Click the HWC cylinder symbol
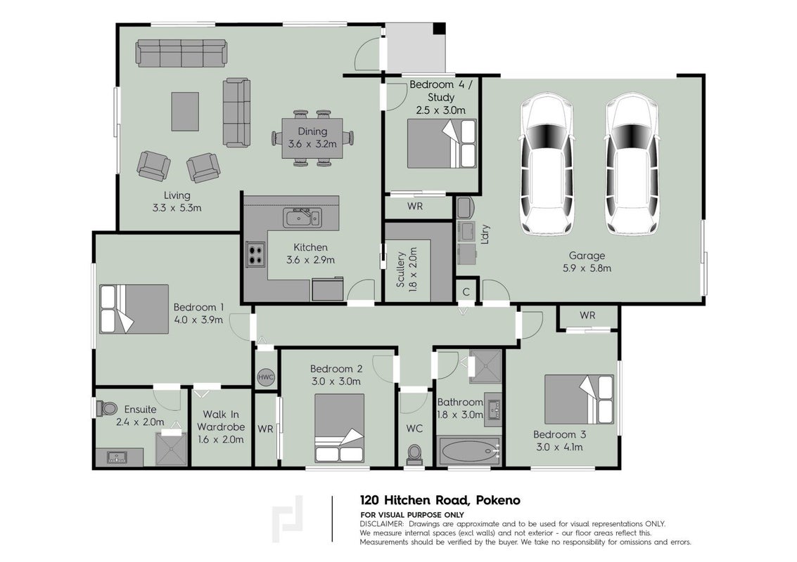click(266, 377)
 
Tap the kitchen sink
click(302, 218)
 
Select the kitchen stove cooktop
click(255, 255)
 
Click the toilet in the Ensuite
click(105, 407)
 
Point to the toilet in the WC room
click(414, 455)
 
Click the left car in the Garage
click(547, 164)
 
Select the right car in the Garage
click(633, 164)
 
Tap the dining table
click(312, 138)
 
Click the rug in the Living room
click(185, 111)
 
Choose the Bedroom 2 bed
click(339, 427)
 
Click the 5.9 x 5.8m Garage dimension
click(587, 268)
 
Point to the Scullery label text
click(400, 270)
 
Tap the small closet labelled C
click(466, 292)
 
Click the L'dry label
click(485, 235)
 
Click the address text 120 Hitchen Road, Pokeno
click(440, 501)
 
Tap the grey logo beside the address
click(288, 519)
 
